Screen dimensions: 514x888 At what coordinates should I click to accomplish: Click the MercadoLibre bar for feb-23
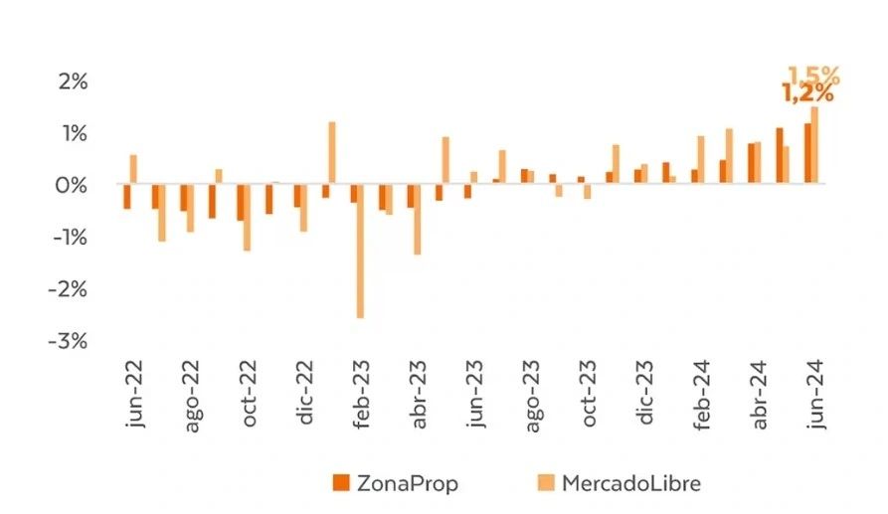360,251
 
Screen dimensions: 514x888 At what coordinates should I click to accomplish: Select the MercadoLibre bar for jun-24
815,145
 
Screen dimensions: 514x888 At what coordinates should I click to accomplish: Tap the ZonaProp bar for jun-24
807,154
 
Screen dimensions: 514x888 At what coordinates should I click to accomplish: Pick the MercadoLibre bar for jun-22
133,169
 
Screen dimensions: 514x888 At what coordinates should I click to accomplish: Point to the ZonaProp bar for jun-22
126,196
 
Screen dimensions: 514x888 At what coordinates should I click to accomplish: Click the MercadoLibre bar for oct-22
247,217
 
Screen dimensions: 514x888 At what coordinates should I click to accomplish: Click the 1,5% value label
813,76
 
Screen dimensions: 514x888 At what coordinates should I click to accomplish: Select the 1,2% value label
806,94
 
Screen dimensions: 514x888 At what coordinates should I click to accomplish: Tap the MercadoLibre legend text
631,483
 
